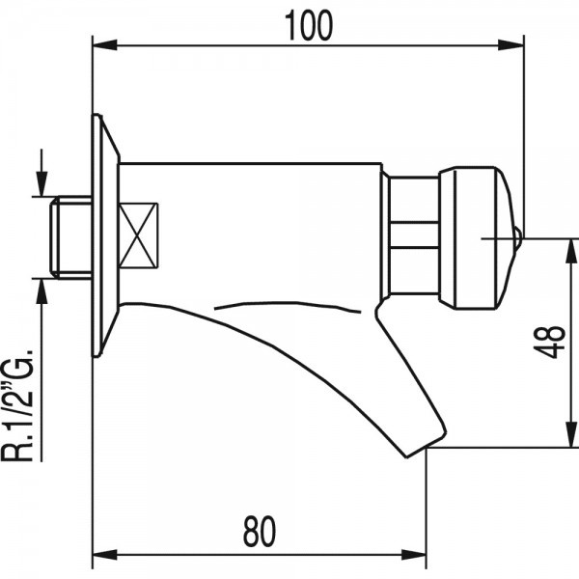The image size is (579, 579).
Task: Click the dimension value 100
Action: pyautogui.click(x=309, y=25)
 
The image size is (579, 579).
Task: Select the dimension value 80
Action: pyautogui.click(x=260, y=532)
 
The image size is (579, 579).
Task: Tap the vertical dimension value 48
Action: pyautogui.click(x=550, y=342)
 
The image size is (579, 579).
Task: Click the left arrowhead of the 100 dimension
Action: pyautogui.click(x=105, y=45)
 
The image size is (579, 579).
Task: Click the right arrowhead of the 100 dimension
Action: pyautogui.click(x=511, y=45)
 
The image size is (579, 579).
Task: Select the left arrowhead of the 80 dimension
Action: pyautogui.click(x=105, y=555)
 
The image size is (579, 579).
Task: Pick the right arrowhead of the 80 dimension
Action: pyautogui.click(x=414, y=555)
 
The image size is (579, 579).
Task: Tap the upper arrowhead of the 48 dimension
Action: pyautogui.click(x=572, y=251)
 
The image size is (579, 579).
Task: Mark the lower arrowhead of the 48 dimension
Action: pyautogui.click(x=572, y=435)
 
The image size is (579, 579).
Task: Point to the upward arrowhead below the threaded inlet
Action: pyautogui.click(x=41, y=291)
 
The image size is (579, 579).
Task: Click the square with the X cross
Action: pyautogui.click(x=138, y=235)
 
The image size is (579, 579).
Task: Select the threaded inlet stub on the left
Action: pyautogui.click(x=70, y=237)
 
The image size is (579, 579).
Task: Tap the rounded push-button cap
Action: pyautogui.click(x=477, y=238)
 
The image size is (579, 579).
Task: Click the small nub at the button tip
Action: pyautogui.click(x=518, y=238)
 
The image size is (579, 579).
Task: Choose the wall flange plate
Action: pyautogui.click(x=105, y=235)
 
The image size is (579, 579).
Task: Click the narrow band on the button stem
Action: pyautogui.click(x=415, y=234)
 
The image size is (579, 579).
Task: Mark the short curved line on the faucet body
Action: pyautogui.click(x=288, y=306)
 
